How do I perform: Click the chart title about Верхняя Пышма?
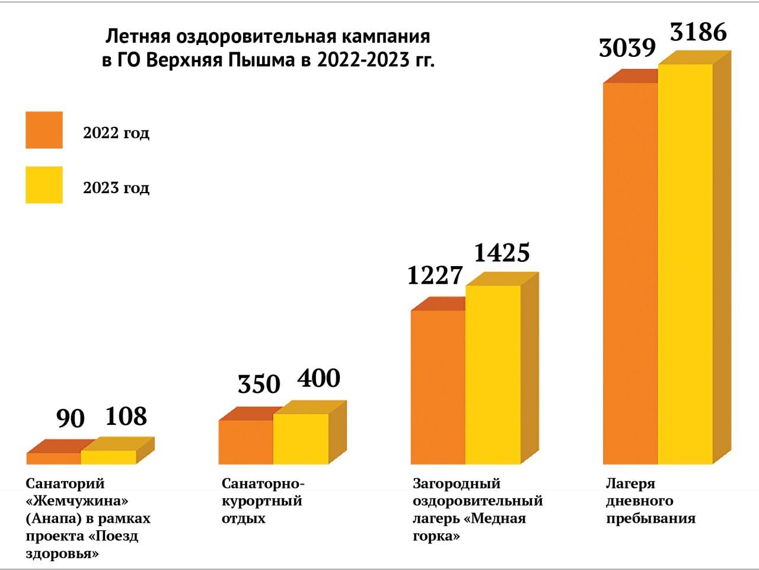[x=268, y=49]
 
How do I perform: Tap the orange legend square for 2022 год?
[x=44, y=130]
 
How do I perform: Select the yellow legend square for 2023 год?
[x=44, y=185]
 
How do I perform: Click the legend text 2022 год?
[x=116, y=132]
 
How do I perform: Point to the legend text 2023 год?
[x=116, y=187]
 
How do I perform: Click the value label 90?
[x=71, y=418]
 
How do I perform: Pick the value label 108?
[x=126, y=416]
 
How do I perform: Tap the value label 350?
[x=259, y=384]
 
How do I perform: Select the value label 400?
[x=318, y=378]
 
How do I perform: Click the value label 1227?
[x=435, y=276]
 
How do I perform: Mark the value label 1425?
[x=502, y=253]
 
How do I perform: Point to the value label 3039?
[x=627, y=48]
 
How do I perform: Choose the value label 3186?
[x=699, y=32]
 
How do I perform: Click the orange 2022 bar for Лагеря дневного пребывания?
[x=630, y=273]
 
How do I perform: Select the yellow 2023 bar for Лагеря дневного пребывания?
[x=685, y=264]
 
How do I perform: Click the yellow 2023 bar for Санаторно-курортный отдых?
[x=301, y=438]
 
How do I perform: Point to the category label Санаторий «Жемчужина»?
[x=88, y=518]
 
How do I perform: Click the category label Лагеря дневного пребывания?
[x=650, y=501]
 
